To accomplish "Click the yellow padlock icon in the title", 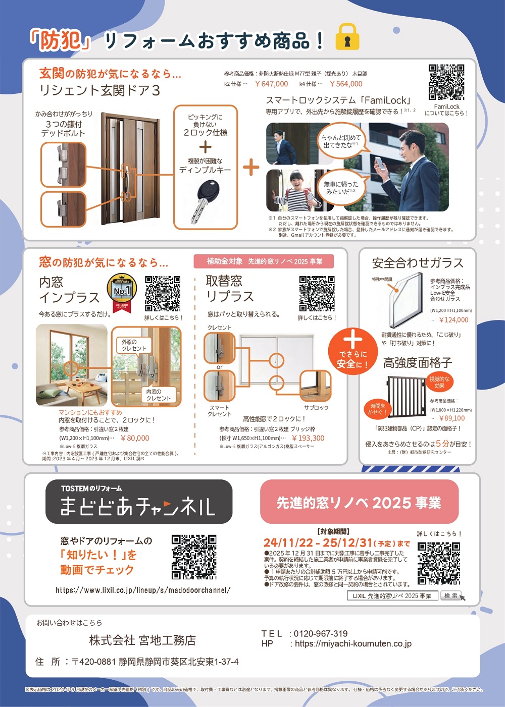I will click(x=347, y=37).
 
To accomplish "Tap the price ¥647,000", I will click(x=271, y=84).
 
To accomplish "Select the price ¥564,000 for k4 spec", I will click(x=346, y=84).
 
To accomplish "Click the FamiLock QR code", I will click(x=446, y=82).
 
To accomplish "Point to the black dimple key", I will click(x=205, y=199).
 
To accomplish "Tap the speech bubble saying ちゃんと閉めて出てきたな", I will click(x=341, y=141).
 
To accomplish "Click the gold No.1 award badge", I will click(x=122, y=292).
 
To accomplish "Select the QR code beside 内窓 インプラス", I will click(x=163, y=294).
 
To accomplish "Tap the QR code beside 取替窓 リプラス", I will click(x=317, y=294).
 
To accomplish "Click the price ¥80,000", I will click(x=135, y=439).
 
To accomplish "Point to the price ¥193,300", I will click(x=308, y=439).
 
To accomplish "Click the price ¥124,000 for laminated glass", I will click(x=453, y=320).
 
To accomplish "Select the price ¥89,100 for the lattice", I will click(x=452, y=418).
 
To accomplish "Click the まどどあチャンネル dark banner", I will click(x=139, y=502).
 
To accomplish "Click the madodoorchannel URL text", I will click(x=143, y=590).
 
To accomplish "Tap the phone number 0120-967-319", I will click(x=321, y=634).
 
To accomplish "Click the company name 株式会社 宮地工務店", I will click(x=142, y=640).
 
